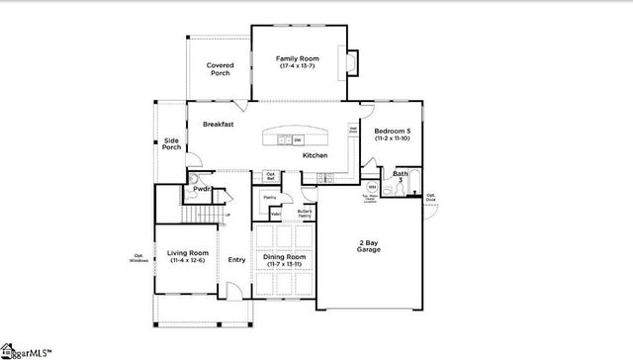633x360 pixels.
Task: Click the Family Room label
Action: pos(297,59)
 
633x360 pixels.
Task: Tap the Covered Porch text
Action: pos(219,69)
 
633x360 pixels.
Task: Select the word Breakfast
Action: pos(218,125)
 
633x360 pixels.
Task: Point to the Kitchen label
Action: pos(315,155)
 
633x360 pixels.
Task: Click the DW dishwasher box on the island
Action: pos(297,140)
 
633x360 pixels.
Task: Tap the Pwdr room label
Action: pos(202,188)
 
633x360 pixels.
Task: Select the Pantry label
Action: pos(268,198)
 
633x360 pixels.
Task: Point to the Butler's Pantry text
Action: pos(305,214)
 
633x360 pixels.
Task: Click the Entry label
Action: pos(236,260)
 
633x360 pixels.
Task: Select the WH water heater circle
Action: pos(372,187)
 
